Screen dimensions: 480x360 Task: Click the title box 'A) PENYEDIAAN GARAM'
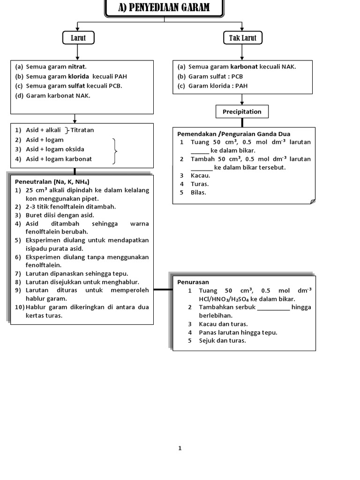coord(164,8)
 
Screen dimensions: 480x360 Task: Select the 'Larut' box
coord(78,38)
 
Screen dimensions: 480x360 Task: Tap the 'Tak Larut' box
coord(242,38)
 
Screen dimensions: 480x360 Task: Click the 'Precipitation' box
coord(242,112)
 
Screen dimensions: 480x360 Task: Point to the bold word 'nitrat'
coord(77,67)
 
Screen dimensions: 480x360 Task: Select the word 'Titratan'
coord(82,130)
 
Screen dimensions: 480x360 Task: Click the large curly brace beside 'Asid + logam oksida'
coord(114,151)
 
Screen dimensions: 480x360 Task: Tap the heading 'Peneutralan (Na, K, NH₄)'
coord(52,181)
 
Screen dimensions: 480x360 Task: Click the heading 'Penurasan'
coord(193,282)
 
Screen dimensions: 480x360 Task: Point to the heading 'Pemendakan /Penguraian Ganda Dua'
coord(233,134)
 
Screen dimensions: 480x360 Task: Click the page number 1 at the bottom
coord(180,448)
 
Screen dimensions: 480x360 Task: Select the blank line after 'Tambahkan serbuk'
coord(273,307)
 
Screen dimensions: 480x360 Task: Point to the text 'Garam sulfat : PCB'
coord(216,76)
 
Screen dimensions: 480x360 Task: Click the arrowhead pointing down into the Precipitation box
coord(242,102)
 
